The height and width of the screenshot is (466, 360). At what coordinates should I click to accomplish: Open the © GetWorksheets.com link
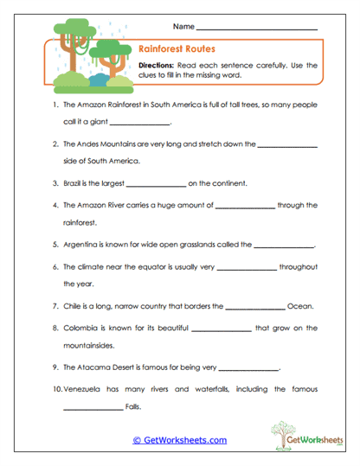click(179, 440)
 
